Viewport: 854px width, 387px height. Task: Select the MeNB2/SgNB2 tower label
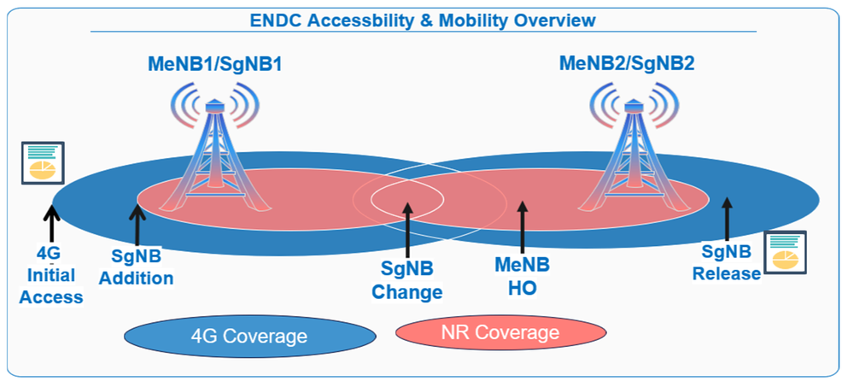(627, 63)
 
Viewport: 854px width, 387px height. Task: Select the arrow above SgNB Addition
(137, 223)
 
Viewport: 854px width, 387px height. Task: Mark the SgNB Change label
(407, 281)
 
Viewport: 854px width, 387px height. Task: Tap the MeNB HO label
(522, 277)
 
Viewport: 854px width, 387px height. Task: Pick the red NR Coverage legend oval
(500, 331)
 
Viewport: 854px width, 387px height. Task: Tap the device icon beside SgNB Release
(785, 252)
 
